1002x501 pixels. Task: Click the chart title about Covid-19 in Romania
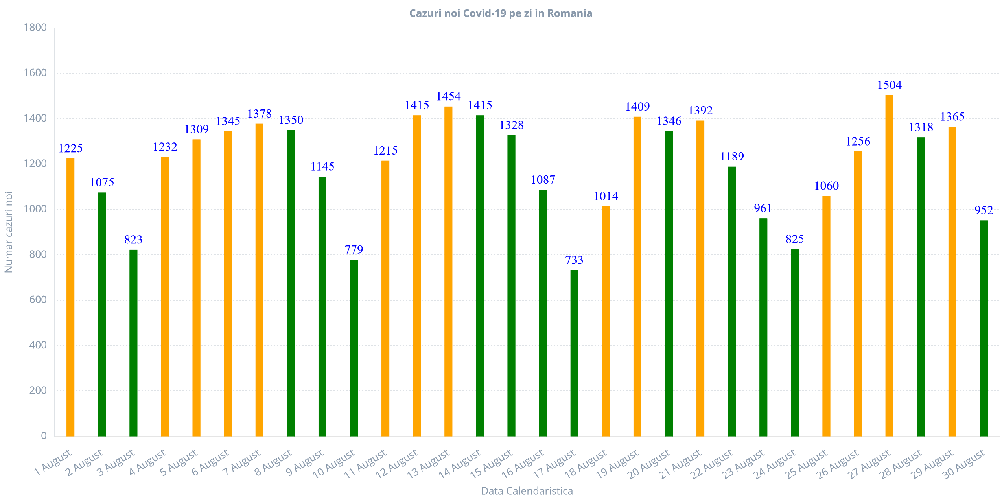tap(501, 13)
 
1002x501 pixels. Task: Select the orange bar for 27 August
tap(889, 265)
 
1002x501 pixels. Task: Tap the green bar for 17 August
tap(574, 353)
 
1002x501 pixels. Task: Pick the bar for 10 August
tap(354, 348)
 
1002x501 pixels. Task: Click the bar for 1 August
tap(70, 297)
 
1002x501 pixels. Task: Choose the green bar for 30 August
tap(984, 328)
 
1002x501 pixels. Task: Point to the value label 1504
tap(889, 85)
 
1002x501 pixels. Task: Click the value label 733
tap(574, 260)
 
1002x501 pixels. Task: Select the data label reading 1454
tap(448, 97)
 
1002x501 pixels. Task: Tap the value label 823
tap(133, 239)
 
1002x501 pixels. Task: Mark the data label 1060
tap(826, 186)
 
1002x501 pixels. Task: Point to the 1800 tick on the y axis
tap(35, 28)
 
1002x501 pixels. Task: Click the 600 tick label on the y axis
tap(38, 300)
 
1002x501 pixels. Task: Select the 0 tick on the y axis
tap(44, 436)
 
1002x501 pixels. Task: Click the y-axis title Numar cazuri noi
tap(9, 232)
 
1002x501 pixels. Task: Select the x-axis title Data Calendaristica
tap(527, 491)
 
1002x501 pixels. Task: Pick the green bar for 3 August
tap(133, 343)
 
